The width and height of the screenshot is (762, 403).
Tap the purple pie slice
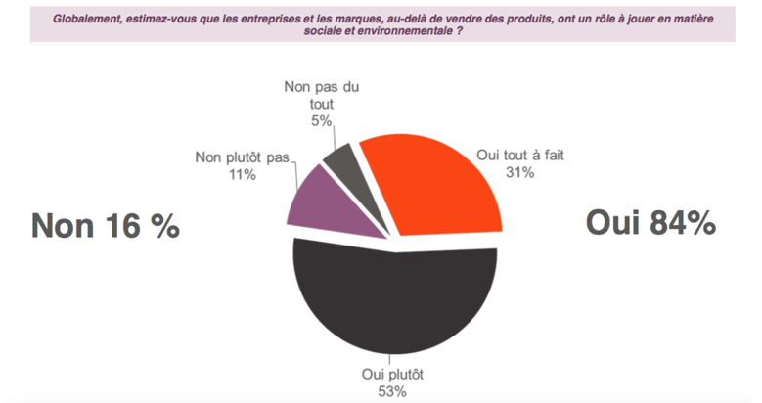pyautogui.click(x=315, y=201)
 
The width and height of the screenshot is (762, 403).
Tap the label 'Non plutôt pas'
pyautogui.click(x=238, y=157)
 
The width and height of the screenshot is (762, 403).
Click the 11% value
pyautogui.click(x=238, y=175)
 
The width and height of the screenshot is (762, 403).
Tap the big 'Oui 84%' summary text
pyautogui.click(x=650, y=223)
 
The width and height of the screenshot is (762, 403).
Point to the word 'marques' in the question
pyautogui.click(x=348, y=17)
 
